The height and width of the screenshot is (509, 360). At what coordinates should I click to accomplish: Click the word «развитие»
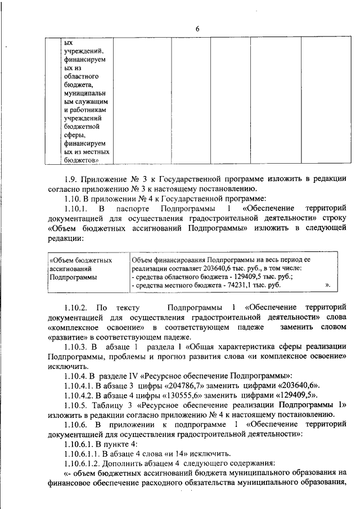click(x=65, y=337)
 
